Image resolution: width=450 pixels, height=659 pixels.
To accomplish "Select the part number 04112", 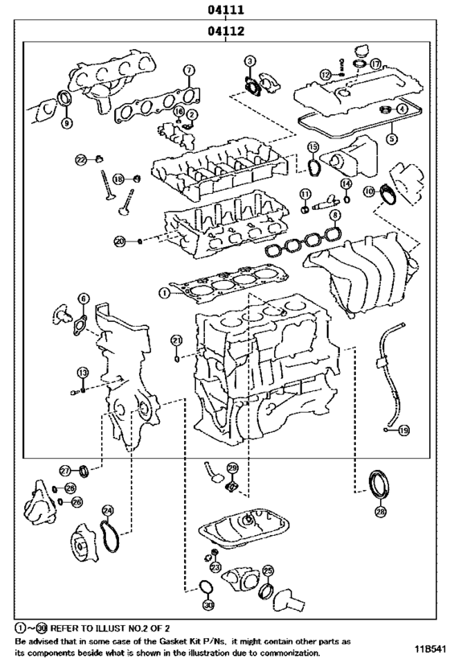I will coord(226,32).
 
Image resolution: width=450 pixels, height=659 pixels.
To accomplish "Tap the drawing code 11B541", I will coord(430,648).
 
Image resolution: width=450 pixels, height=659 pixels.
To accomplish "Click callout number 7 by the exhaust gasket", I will coord(188,70).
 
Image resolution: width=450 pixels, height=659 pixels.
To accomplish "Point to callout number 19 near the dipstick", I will coord(403,430).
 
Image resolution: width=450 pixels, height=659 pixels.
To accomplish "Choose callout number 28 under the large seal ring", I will coord(380,511).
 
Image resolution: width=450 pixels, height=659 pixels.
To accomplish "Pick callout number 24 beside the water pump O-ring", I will coord(108,510).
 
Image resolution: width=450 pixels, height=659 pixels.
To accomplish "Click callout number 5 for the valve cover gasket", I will coord(392,138).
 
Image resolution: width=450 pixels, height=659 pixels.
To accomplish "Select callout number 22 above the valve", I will coord(81,160).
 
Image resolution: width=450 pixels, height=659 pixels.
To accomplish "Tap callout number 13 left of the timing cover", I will coord(82,372).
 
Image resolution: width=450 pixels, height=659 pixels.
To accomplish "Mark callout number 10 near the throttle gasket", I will coord(368,191).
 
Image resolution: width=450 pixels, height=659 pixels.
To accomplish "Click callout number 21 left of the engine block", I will coord(176,341).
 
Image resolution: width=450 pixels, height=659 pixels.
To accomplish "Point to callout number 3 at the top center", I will coord(251,61).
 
